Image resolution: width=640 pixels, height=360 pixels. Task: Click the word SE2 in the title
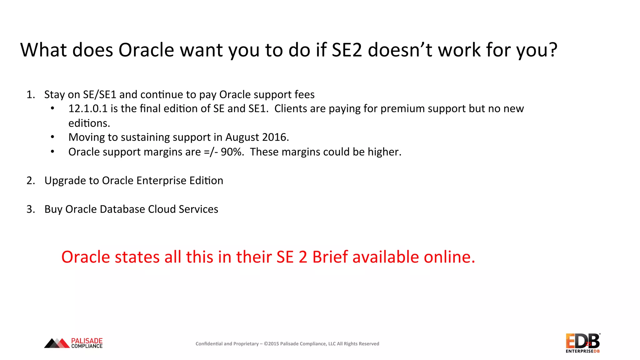point(347,50)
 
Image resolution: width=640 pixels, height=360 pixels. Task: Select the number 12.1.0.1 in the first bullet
point(88,109)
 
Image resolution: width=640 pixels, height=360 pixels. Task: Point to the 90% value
point(232,152)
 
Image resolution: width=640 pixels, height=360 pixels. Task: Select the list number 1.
point(30,94)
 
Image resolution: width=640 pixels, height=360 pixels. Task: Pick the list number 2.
point(30,181)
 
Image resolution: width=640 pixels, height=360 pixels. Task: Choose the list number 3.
point(30,209)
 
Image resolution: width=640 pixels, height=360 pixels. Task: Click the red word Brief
point(330,257)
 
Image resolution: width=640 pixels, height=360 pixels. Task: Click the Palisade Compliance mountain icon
point(57,343)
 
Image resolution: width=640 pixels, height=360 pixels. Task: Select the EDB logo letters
point(582,341)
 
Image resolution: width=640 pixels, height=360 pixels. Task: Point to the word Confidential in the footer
point(209,344)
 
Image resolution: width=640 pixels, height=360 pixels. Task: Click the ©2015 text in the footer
point(271,344)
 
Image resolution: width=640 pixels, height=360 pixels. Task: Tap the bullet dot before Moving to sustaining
point(52,137)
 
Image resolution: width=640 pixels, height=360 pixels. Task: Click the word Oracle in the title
point(146,50)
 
